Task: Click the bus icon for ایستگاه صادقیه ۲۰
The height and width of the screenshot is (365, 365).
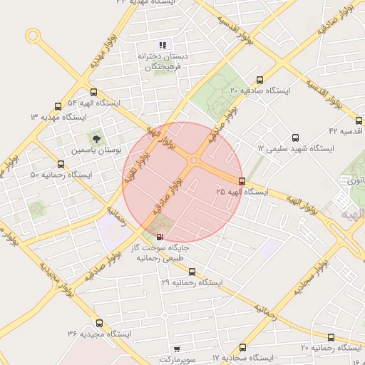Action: point(259,81)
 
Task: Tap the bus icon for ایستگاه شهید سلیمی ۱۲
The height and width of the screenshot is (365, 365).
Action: point(296,138)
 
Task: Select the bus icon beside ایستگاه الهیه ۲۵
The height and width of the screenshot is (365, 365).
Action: point(242,181)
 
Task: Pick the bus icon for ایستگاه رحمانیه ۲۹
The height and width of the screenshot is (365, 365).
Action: point(192,272)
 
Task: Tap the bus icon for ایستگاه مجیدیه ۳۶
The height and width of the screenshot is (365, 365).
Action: point(99,323)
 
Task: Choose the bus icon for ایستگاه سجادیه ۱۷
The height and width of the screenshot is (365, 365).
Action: point(243,347)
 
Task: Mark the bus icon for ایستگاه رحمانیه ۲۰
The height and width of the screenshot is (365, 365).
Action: point(331,336)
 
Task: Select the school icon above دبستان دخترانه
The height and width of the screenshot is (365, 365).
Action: point(163,45)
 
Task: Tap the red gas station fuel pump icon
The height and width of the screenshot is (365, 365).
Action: point(158,237)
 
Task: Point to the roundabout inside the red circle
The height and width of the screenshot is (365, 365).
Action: point(194,160)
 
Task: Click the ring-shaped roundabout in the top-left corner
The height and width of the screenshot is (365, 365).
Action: point(33,35)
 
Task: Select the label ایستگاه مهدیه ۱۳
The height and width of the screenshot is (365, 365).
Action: point(58,116)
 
